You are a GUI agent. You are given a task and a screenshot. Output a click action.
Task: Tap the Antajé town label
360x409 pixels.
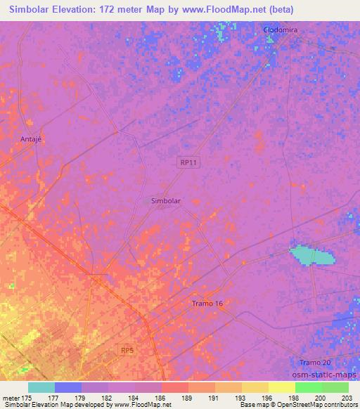click(x=32, y=138)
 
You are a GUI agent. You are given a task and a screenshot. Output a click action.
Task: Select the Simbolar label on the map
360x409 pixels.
click(x=166, y=200)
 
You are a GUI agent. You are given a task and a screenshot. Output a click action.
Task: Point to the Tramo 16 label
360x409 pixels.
click(x=207, y=304)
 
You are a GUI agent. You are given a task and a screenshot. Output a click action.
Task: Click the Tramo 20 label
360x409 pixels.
click(x=314, y=362)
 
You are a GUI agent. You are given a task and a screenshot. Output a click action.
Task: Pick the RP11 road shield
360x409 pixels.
click(x=186, y=162)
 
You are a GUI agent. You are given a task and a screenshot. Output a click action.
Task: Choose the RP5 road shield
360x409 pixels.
click(x=127, y=349)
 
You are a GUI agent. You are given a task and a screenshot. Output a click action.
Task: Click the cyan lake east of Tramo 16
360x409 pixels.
click(x=309, y=254)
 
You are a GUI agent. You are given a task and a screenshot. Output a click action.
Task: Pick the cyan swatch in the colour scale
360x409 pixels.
click(x=41, y=387)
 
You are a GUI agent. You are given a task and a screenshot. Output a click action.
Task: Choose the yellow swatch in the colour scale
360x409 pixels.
click(x=281, y=387)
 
